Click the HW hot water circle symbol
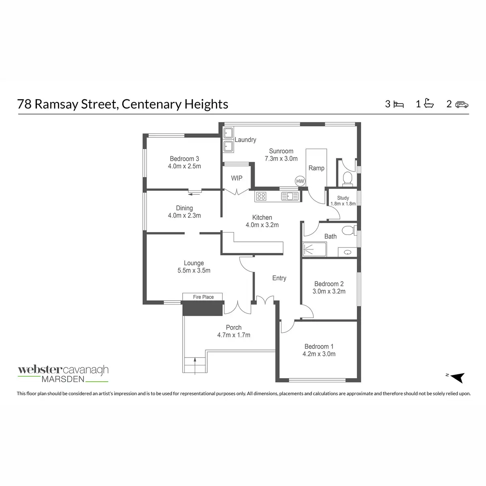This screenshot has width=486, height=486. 300,181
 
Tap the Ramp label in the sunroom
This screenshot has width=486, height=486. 316,168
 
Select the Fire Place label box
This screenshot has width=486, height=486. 203,297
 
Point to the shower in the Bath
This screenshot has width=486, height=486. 315,249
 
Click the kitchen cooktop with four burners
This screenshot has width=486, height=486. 261,196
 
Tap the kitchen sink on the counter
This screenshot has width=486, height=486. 290,196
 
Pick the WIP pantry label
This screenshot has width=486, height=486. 237,178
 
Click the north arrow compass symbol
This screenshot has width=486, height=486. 457,377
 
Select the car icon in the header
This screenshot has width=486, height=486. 462,104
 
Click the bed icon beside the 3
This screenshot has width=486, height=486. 399,104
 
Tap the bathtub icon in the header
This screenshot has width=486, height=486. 429,103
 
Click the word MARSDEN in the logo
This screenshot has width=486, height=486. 63,379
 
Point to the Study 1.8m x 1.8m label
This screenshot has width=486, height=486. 343,201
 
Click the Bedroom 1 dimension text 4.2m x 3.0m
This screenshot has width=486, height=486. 319,354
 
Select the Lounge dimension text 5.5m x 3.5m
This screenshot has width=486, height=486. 194,271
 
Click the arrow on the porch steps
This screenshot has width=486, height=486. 195,366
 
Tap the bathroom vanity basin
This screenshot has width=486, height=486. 347,252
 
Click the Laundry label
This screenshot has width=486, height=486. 245,140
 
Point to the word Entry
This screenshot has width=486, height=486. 279,278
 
